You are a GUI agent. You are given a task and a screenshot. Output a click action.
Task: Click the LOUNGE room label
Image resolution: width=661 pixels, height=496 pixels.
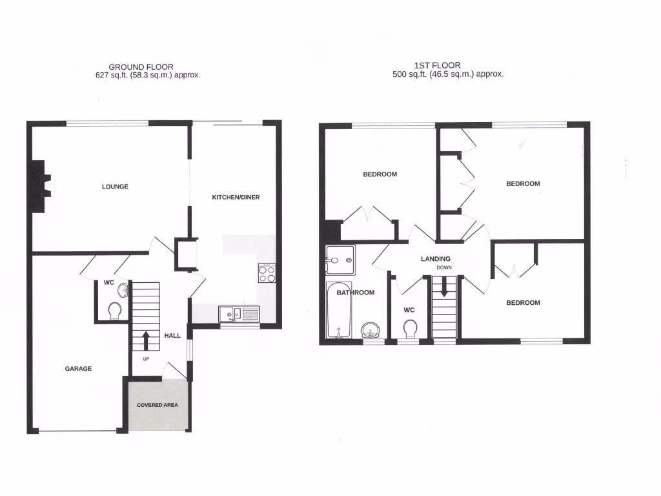click(115, 187)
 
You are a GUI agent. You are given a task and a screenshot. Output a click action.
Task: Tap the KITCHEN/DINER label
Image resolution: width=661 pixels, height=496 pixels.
click(236, 197)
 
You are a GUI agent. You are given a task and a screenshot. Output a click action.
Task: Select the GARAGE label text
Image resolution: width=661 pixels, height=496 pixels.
click(78, 369)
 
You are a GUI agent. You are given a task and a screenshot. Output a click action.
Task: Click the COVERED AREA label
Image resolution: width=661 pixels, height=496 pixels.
click(158, 405)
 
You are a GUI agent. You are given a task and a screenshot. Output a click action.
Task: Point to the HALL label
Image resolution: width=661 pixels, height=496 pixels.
click(172, 336)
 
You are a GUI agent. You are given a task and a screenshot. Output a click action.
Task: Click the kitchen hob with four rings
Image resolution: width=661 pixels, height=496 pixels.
click(267, 273)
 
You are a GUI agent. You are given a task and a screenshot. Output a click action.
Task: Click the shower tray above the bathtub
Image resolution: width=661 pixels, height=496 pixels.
click(339, 261)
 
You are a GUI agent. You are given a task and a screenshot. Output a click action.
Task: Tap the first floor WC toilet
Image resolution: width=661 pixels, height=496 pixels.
click(409, 329)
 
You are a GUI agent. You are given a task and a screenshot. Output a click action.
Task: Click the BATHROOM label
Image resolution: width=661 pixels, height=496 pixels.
click(355, 293)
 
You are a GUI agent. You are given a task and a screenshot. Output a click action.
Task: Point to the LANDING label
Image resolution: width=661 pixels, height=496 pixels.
click(436, 259)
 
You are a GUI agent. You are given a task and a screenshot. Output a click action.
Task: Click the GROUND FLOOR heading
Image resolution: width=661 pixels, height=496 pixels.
click(141, 67)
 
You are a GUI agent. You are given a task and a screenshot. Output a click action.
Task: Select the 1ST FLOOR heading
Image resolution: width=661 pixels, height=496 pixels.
click(438, 65)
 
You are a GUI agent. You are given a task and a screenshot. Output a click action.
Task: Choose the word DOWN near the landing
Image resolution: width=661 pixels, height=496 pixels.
click(444, 267)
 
